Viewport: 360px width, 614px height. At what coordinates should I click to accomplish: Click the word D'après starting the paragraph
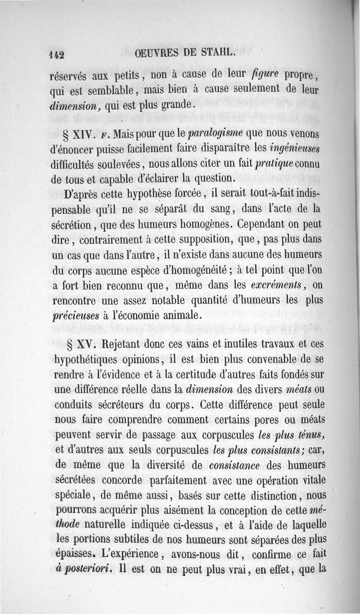[x=72, y=194]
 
